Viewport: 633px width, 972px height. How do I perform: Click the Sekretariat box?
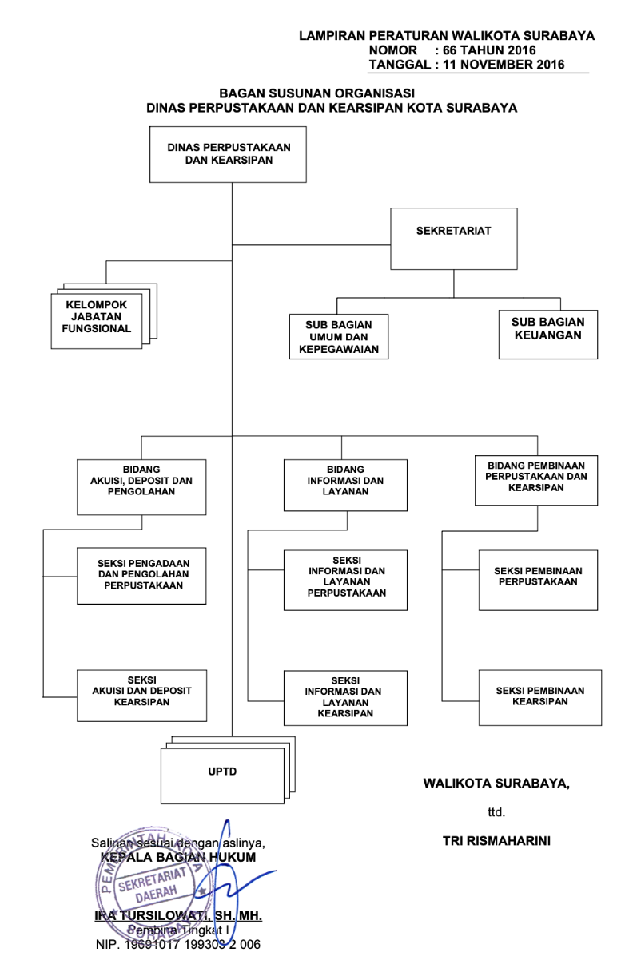point(454,239)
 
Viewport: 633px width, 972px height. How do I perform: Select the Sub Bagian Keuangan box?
point(548,334)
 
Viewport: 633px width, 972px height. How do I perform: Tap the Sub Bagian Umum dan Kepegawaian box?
point(339,337)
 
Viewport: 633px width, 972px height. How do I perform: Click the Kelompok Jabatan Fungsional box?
point(97,321)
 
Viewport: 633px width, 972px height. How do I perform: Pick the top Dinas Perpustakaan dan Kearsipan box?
point(228,154)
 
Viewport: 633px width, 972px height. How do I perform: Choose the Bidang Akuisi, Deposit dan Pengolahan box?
point(141,487)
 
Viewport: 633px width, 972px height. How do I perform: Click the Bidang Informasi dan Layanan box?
point(345,485)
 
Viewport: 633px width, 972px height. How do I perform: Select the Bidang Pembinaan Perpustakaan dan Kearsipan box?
point(536,480)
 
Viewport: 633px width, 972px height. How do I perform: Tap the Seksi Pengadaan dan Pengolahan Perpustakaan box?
point(141,576)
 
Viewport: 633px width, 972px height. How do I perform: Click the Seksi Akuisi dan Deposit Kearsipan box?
point(142,696)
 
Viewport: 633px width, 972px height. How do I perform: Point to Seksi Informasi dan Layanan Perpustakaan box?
point(345,580)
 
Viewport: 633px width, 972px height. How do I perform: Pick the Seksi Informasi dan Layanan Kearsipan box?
point(345,698)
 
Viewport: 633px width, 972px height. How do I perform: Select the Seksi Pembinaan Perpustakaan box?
point(539,580)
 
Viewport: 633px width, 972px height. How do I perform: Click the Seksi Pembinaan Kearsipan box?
point(540,698)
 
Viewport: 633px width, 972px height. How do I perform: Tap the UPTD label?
point(222,772)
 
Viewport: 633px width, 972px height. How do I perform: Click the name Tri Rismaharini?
point(496,841)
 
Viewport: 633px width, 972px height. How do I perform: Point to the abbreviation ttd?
point(496,812)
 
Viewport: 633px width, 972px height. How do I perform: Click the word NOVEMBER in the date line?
point(496,65)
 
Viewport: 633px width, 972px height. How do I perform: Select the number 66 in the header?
point(450,50)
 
